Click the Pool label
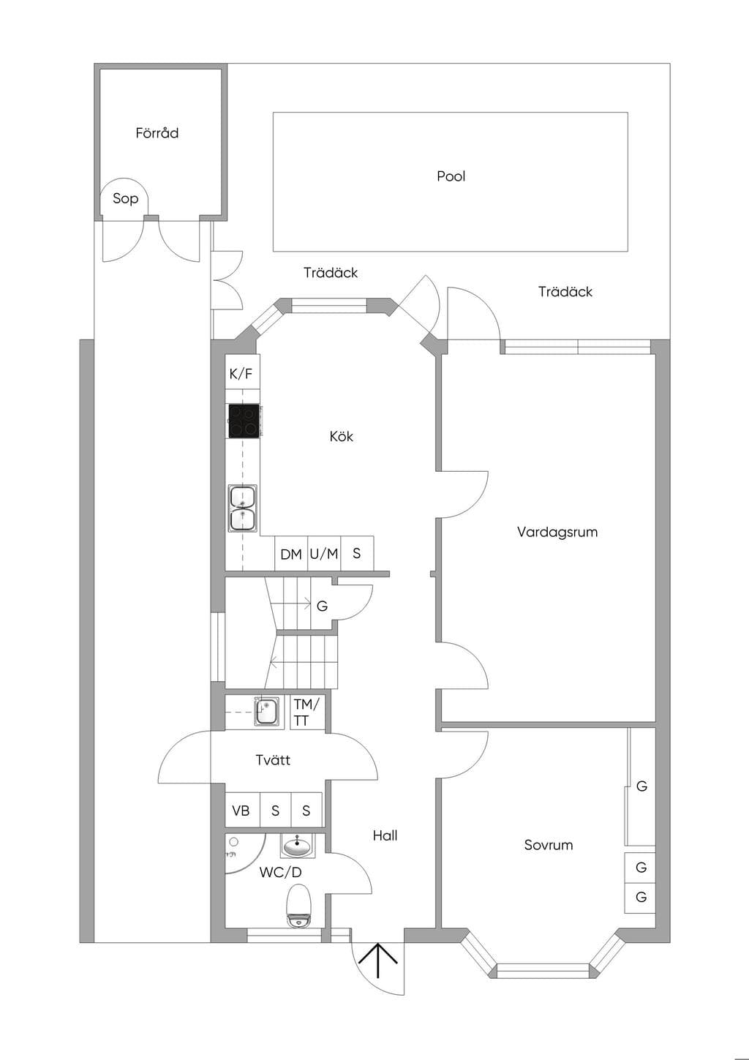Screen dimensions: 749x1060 (x=451, y=176)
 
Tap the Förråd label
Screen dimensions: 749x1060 (x=157, y=133)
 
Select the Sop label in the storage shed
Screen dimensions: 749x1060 (x=125, y=198)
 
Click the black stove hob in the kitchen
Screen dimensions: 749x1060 (x=244, y=421)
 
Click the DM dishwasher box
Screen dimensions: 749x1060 (x=291, y=554)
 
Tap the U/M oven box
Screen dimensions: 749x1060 (x=324, y=554)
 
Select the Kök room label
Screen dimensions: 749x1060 (x=341, y=436)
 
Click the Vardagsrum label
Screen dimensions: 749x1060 (x=557, y=532)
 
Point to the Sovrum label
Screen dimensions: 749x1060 (x=549, y=845)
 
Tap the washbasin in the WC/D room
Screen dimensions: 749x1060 (x=297, y=846)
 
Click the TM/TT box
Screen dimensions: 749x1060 (x=307, y=713)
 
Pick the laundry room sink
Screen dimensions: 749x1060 (x=267, y=713)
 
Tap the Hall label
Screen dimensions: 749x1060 (x=385, y=835)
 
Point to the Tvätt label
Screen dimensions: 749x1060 (x=273, y=760)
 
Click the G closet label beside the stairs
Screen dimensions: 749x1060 (x=323, y=606)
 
